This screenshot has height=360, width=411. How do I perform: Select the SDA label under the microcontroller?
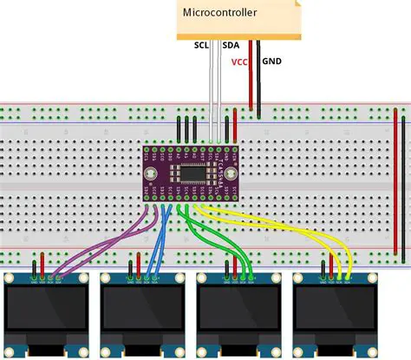(232, 44)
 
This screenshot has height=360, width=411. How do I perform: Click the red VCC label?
(238, 62)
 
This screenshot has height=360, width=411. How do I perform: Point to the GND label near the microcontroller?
(271, 62)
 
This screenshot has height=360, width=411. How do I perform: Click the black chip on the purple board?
(200, 173)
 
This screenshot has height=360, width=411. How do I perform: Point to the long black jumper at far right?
(406, 187)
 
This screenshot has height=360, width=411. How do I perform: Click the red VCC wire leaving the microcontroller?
(251, 78)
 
